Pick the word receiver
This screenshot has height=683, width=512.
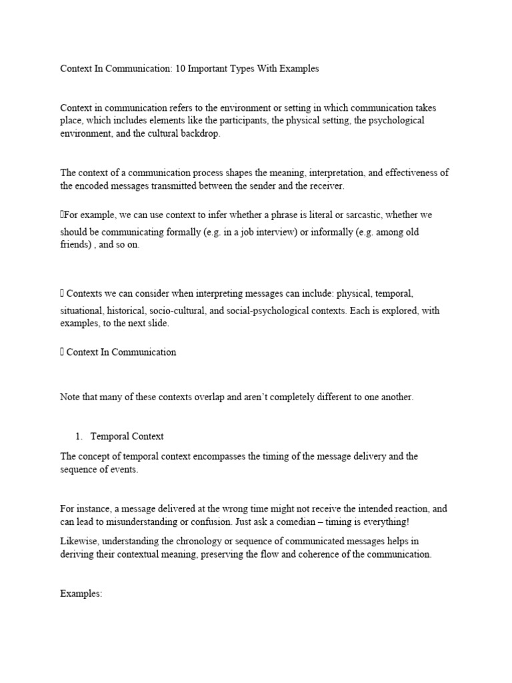(x=323, y=186)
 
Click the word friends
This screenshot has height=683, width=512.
(x=75, y=245)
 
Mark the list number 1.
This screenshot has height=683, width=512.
(x=79, y=436)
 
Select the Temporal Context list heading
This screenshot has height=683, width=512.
(x=127, y=436)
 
